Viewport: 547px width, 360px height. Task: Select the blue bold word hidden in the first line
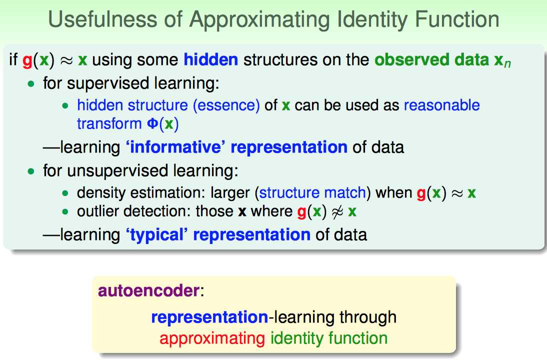[210, 59]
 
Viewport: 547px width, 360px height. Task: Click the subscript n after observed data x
[507, 64]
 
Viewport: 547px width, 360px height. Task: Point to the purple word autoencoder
[148, 290]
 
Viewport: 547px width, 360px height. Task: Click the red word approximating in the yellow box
[212, 338]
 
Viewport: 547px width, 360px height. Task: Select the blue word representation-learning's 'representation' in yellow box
[209, 317]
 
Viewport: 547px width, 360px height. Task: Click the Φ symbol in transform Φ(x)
[152, 124]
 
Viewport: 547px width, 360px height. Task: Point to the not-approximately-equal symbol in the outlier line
[337, 211]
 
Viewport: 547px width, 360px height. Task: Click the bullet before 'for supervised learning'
[31, 84]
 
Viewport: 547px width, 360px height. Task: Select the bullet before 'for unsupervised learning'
[31, 171]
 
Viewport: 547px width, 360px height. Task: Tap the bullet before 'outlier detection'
[65, 211]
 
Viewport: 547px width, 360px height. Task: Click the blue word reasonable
[441, 105]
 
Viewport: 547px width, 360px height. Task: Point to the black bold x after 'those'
[242, 211]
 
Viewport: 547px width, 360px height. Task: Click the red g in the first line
[27, 60]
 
